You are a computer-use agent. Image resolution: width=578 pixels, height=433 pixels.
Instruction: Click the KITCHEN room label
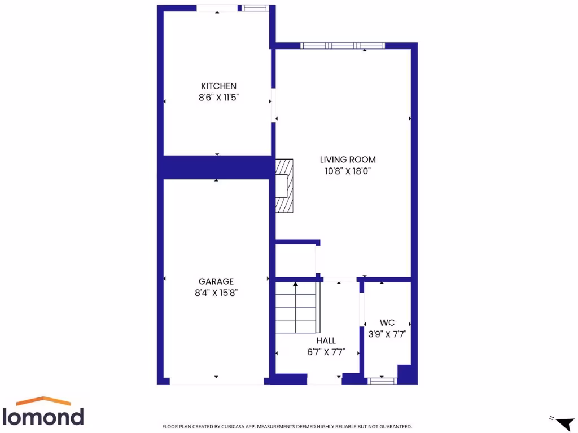click(x=218, y=86)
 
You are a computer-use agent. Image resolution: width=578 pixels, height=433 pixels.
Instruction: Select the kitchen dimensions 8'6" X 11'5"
click(x=218, y=97)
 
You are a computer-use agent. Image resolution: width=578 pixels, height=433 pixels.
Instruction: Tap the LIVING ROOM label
click(x=348, y=160)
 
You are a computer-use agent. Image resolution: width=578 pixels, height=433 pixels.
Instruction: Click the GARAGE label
click(x=216, y=281)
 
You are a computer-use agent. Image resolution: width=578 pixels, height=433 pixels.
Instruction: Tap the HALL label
click(x=326, y=341)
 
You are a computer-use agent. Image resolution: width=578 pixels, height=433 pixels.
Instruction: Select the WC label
click(x=387, y=322)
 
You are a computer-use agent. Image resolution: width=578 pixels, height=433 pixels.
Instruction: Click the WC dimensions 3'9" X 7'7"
click(x=387, y=333)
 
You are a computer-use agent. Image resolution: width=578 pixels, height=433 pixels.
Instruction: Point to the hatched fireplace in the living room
click(x=284, y=185)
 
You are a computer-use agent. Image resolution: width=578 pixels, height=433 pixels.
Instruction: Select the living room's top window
click(x=342, y=46)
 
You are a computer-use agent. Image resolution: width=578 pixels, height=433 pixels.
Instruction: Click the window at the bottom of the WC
click(x=382, y=381)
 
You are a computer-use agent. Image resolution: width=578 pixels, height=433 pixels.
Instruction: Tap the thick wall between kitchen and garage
click(x=217, y=167)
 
